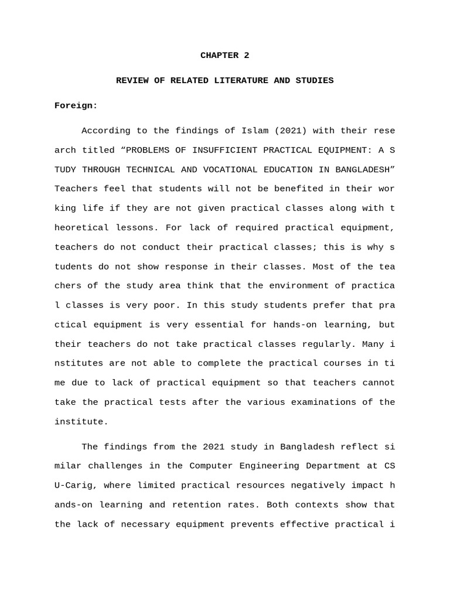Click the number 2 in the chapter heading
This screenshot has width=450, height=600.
247,56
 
